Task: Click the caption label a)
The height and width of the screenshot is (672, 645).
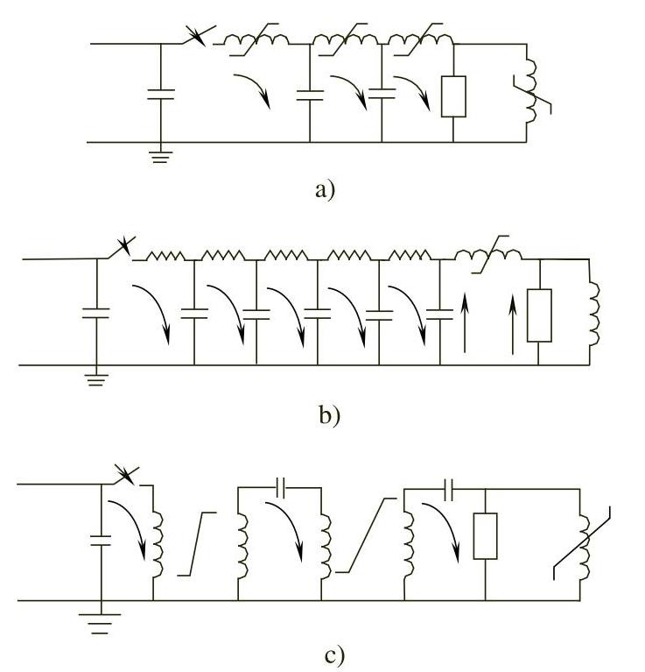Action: [x=324, y=189]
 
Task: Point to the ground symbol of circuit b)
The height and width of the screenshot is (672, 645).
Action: [x=95, y=379]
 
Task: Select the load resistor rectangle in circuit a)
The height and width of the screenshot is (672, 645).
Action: [x=453, y=96]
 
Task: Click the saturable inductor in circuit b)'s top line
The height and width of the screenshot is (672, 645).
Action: [x=487, y=253]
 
